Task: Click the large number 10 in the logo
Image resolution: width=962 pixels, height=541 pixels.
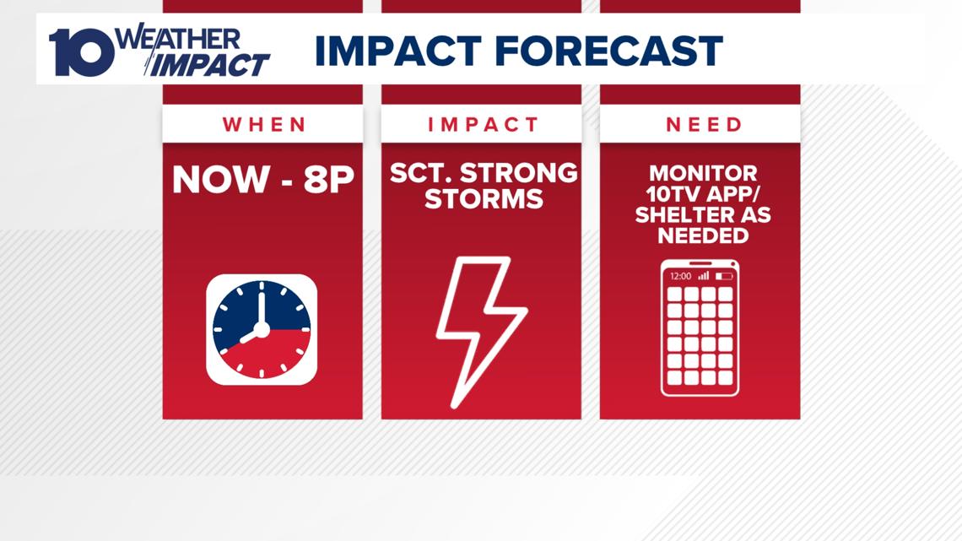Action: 82,52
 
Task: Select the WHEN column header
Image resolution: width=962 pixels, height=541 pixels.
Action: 264,125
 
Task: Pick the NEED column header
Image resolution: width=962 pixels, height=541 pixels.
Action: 704,125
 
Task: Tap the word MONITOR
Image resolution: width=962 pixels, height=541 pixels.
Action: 703,174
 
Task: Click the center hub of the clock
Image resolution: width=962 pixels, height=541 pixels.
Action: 262,330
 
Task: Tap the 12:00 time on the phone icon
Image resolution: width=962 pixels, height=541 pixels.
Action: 680,276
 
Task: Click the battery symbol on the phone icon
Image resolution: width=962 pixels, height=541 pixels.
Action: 724,276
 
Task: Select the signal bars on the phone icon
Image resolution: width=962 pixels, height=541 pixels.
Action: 704,275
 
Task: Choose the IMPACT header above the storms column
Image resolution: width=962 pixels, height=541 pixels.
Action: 483,125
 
